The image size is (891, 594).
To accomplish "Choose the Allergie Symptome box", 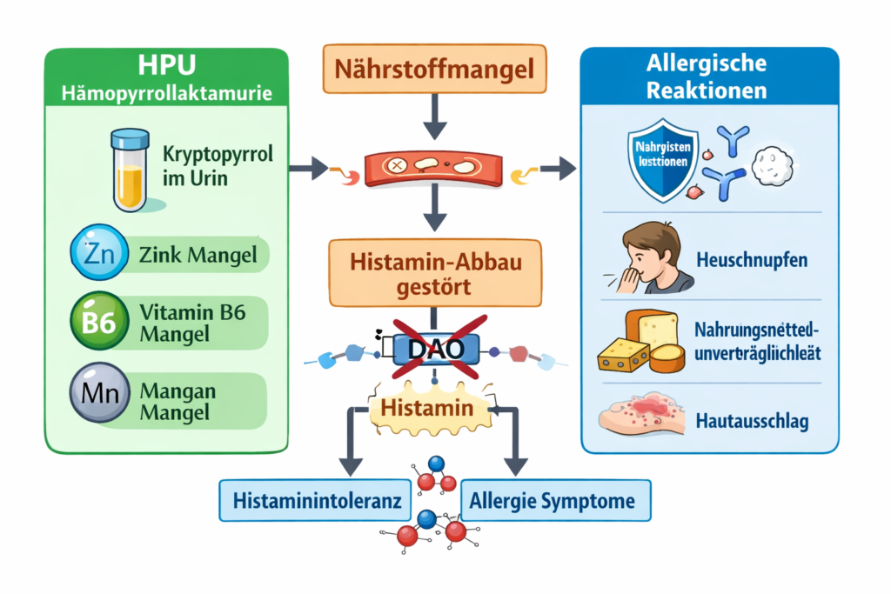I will (x=552, y=501).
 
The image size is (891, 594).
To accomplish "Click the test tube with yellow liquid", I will (x=128, y=170).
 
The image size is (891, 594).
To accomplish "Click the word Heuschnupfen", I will (x=751, y=259).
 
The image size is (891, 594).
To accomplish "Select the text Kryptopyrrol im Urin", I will (x=218, y=164).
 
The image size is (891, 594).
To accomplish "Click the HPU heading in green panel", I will (x=166, y=67).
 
